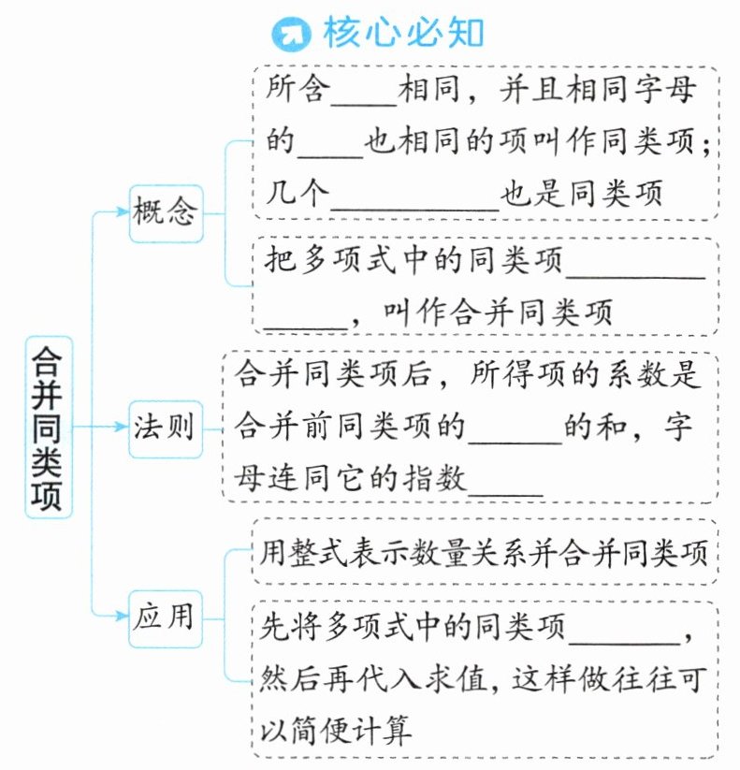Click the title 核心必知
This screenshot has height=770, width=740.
(x=403, y=35)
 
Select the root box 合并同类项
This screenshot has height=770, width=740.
(x=49, y=426)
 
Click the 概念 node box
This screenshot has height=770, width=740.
(x=166, y=212)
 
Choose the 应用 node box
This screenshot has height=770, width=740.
(x=166, y=616)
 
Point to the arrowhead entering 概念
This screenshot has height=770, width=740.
(x=122, y=212)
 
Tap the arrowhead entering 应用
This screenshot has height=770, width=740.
(x=122, y=616)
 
